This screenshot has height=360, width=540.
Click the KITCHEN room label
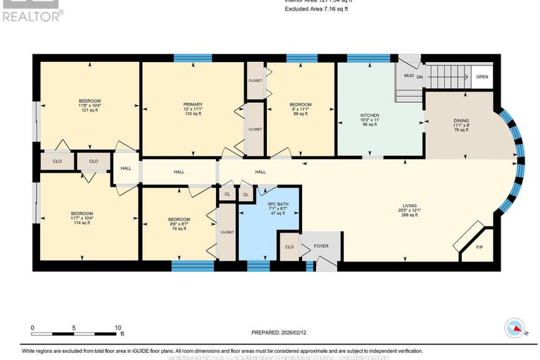(370, 115)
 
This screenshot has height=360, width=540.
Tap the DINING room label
(460, 120)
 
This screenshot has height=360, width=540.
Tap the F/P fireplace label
(480, 248)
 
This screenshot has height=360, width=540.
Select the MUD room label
(408, 76)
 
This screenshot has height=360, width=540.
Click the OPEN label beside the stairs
(482, 77)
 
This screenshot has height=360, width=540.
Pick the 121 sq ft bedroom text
(89, 111)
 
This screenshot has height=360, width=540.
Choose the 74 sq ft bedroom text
(179, 228)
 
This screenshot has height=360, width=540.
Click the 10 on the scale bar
(118, 328)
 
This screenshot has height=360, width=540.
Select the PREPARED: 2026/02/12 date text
(282, 333)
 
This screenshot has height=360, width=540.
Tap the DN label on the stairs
(420, 76)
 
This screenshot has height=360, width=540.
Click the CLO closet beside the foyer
(289, 247)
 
